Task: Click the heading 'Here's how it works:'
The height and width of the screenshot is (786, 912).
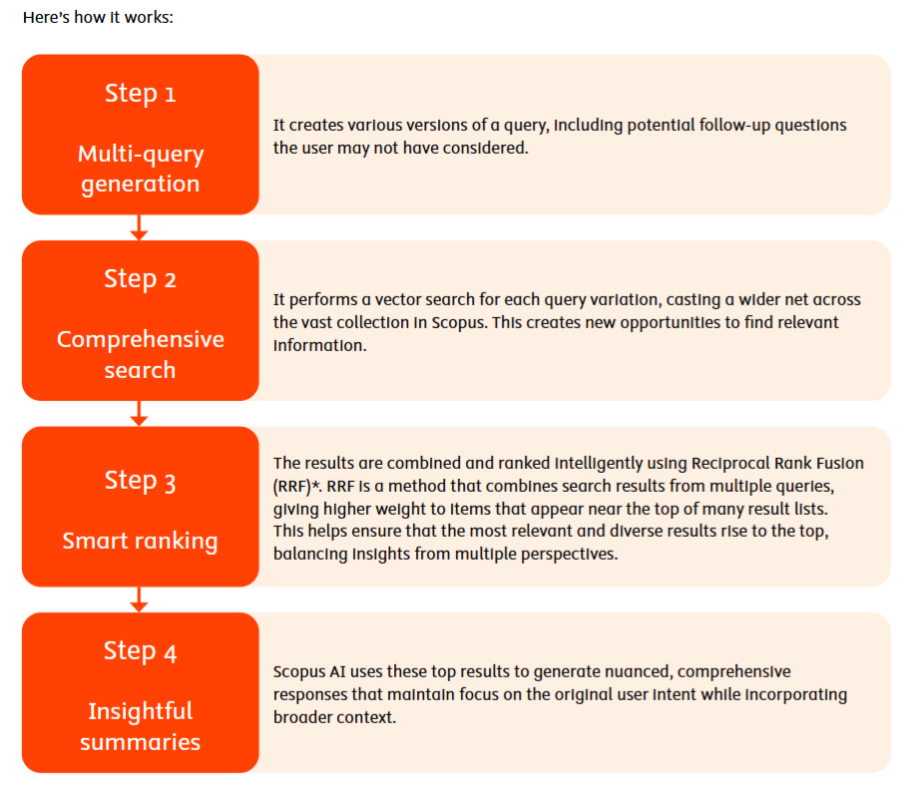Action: tap(98, 17)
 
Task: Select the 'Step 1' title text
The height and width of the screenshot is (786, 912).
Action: tap(140, 93)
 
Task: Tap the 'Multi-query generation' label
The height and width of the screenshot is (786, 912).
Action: tap(140, 169)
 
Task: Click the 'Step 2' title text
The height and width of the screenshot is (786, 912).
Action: tap(140, 279)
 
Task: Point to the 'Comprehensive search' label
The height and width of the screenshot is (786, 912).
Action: tap(140, 354)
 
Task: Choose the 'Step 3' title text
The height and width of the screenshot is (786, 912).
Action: tap(140, 481)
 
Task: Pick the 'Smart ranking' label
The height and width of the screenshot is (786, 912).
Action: tap(140, 542)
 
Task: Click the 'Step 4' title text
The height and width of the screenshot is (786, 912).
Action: tap(140, 651)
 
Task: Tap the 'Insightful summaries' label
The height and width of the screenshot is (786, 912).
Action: tap(140, 727)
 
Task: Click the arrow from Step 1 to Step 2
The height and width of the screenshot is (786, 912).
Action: tap(139, 227)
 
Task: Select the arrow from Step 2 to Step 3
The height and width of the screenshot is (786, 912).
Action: tap(139, 413)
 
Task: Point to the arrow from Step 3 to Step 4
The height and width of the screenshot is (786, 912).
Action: tap(139, 599)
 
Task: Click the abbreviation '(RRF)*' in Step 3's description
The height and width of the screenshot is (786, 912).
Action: tap(296, 487)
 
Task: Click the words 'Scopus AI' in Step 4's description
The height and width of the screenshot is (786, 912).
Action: tap(309, 672)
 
